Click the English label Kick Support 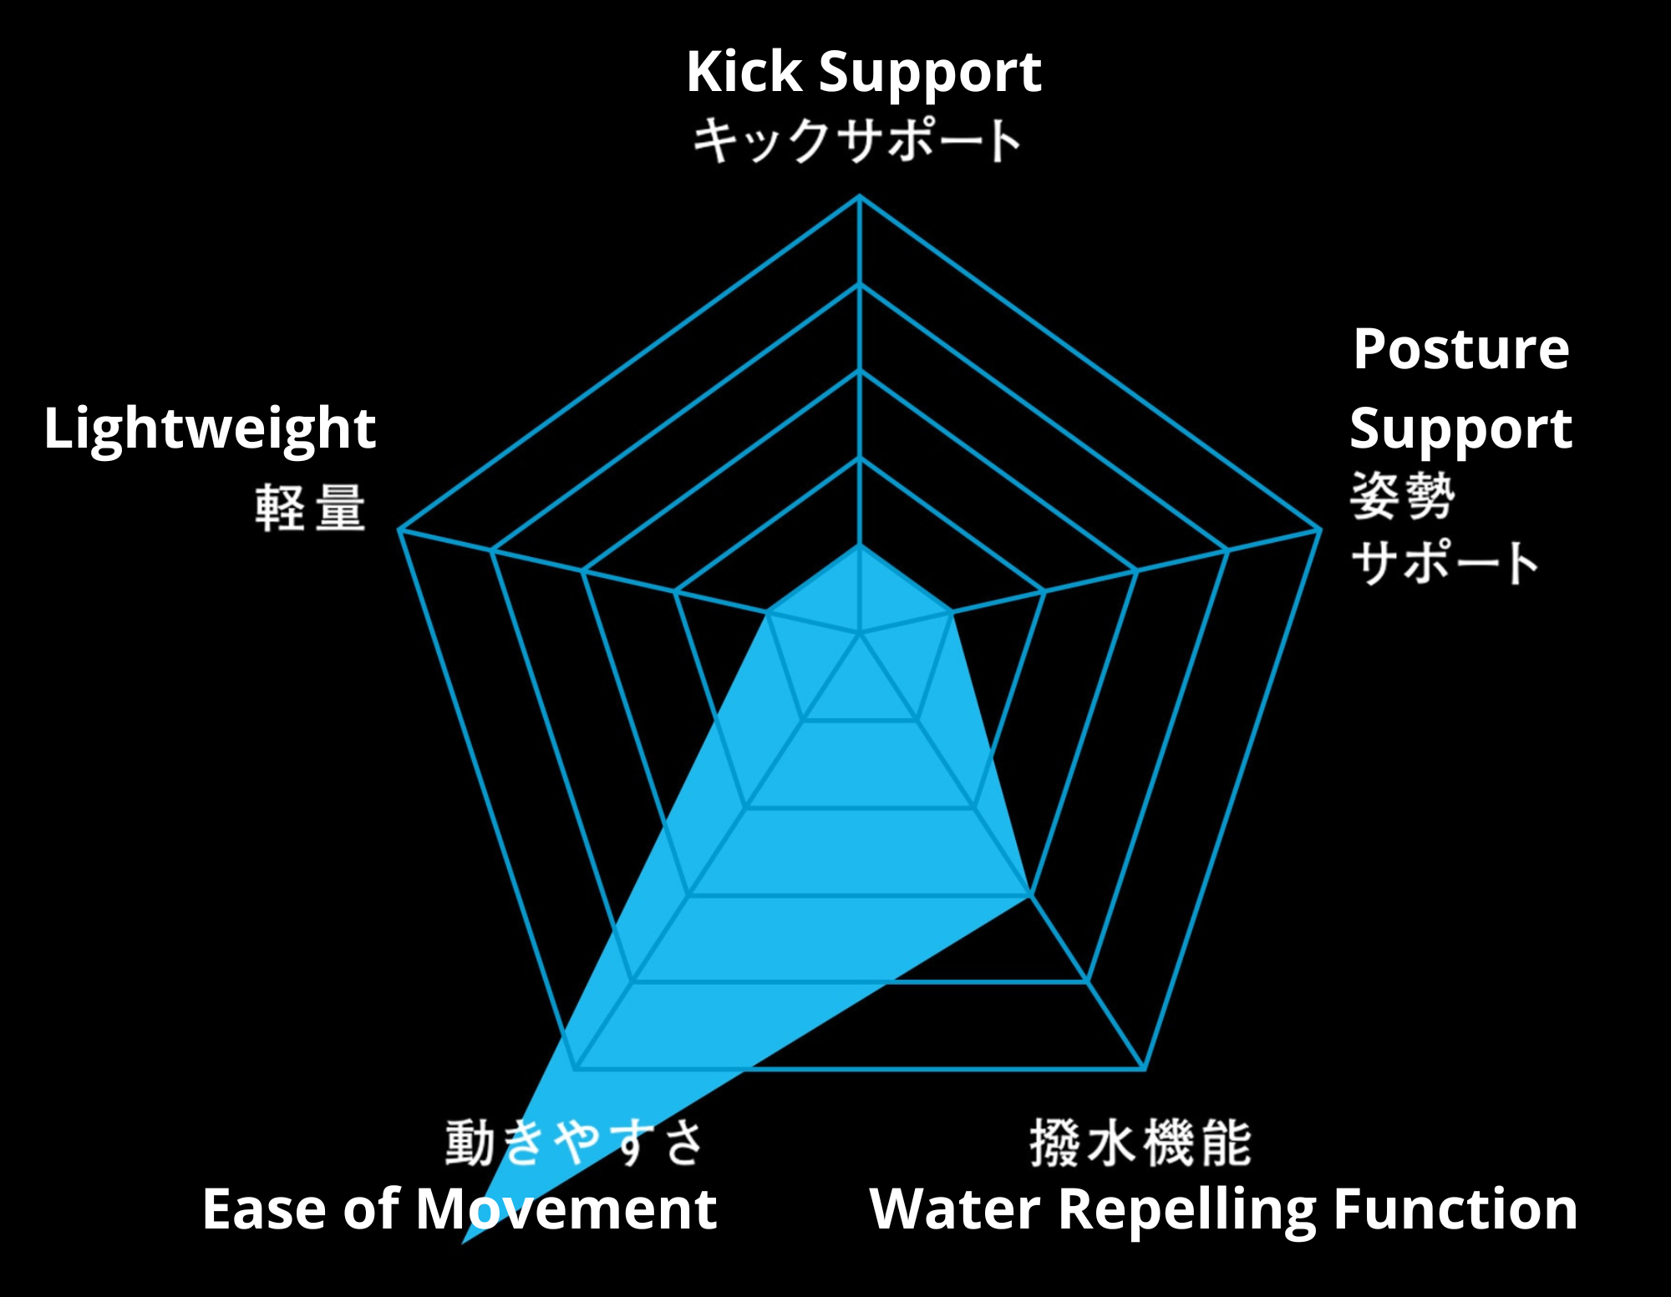point(863,73)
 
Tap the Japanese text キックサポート point(857,139)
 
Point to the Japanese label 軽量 point(310,508)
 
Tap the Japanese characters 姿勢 point(1403,495)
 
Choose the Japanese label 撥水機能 point(1140,1142)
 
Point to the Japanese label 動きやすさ point(574,1142)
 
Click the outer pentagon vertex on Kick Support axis point(860,196)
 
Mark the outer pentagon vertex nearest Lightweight point(399,529)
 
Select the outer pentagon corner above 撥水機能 point(1145,1069)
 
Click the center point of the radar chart point(860,635)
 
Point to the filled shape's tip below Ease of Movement point(463,1244)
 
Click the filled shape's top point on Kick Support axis point(860,545)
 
